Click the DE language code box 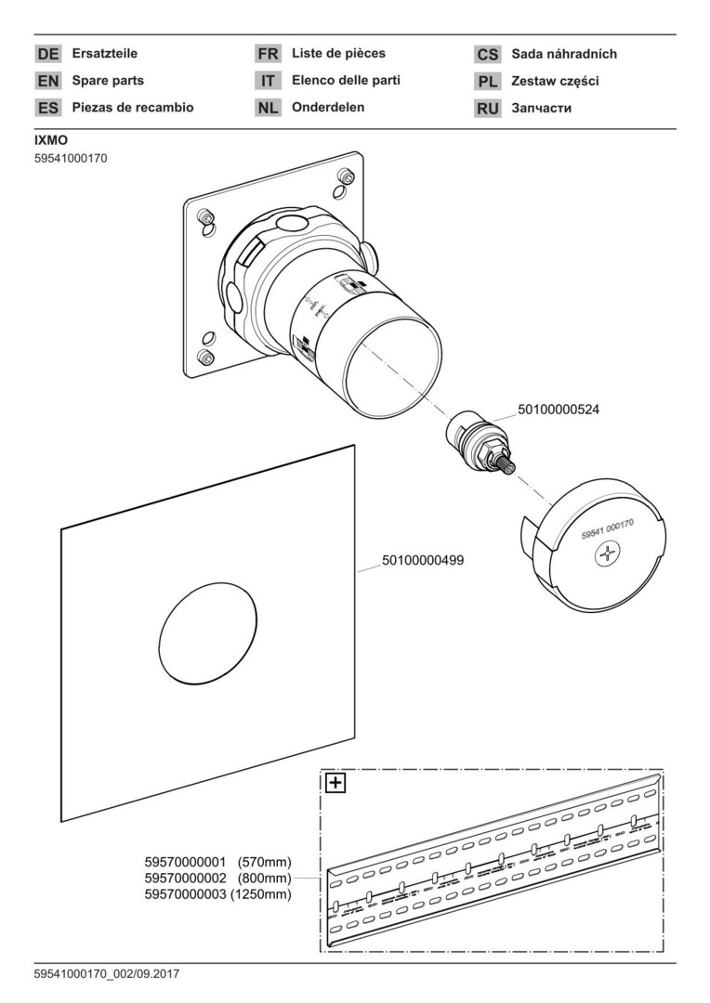(x=48, y=54)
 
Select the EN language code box (x=48, y=81)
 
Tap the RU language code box (x=488, y=109)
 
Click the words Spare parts (x=108, y=81)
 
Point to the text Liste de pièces (x=338, y=53)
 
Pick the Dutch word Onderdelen (x=328, y=107)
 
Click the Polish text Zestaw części (x=555, y=82)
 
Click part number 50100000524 (x=554, y=409)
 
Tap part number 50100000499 (x=423, y=560)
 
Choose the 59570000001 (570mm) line (x=217, y=862)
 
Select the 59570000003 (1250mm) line (x=217, y=894)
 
